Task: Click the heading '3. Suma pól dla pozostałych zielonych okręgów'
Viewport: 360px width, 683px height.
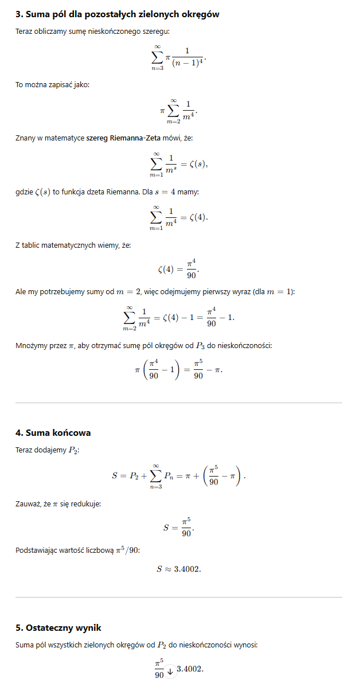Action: coord(117,14)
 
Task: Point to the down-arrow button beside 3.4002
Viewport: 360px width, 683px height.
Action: coord(170,669)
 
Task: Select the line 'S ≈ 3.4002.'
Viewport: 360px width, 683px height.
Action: coord(179,569)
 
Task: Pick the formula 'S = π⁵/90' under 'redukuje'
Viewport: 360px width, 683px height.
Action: coord(179,527)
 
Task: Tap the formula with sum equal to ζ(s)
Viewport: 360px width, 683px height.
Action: coord(179,164)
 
